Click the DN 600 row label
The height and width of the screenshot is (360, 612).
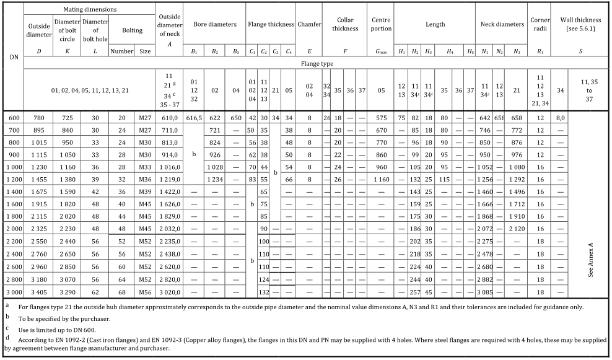12,117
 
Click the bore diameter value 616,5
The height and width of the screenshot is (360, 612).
195,117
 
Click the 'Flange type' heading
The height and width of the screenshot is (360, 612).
317,64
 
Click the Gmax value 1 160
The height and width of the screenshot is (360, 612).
381,179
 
